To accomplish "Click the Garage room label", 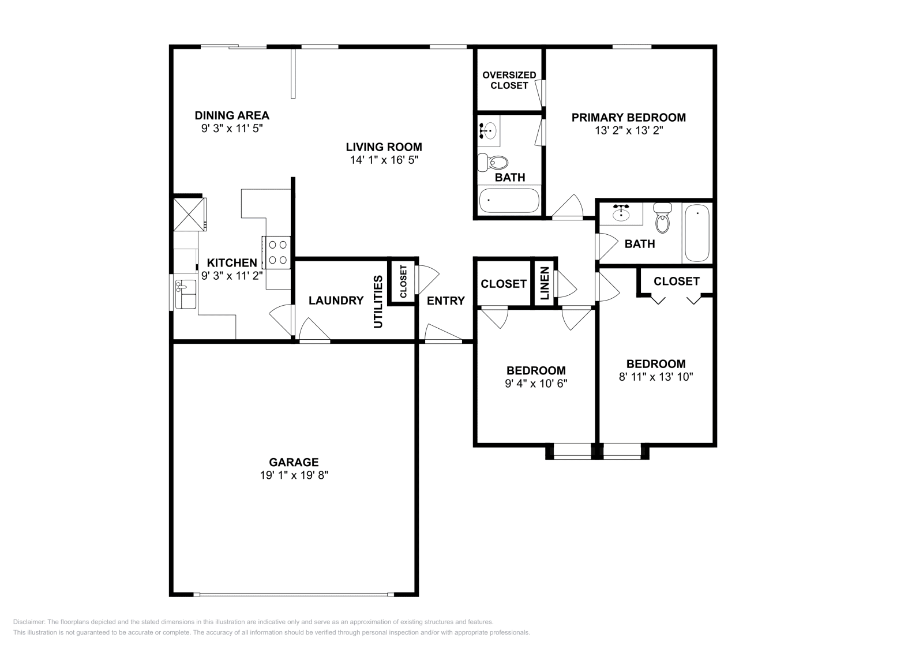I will click(294, 462).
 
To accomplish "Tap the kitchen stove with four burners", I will click(276, 252).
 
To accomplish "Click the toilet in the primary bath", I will click(492, 163).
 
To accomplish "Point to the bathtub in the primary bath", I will click(509, 201).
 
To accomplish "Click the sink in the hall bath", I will click(621, 213).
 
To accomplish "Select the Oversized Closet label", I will click(509, 80).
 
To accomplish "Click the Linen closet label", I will click(545, 284).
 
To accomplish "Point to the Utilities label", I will click(378, 302).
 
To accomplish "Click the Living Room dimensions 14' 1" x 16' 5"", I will click(384, 160).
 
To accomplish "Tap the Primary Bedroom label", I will click(628, 118).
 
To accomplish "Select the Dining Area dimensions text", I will click(231, 129).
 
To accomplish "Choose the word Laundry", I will click(336, 301).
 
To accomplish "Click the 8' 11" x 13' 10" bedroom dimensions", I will click(656, 377).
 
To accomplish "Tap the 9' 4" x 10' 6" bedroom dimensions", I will click(536, 384).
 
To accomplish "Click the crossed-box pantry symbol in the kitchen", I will click(189, 213).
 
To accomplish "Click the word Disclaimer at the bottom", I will click(28, 622).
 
